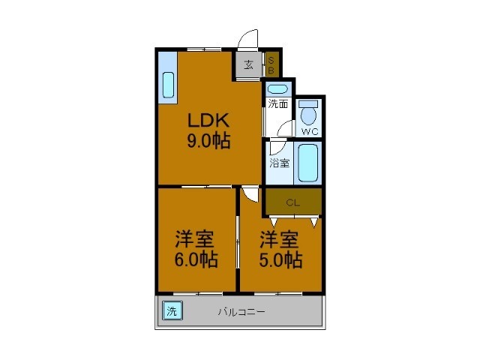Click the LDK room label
208,121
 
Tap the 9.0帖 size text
208,139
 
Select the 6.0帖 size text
196,259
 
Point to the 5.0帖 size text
280,259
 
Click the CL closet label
293,202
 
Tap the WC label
310,132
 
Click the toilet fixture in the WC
309,115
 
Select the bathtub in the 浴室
308,163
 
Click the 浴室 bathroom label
280,163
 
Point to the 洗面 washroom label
278,103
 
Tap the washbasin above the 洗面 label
278,89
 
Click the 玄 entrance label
247,64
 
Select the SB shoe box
271,64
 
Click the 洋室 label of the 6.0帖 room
196,240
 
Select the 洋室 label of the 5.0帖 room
280,240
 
